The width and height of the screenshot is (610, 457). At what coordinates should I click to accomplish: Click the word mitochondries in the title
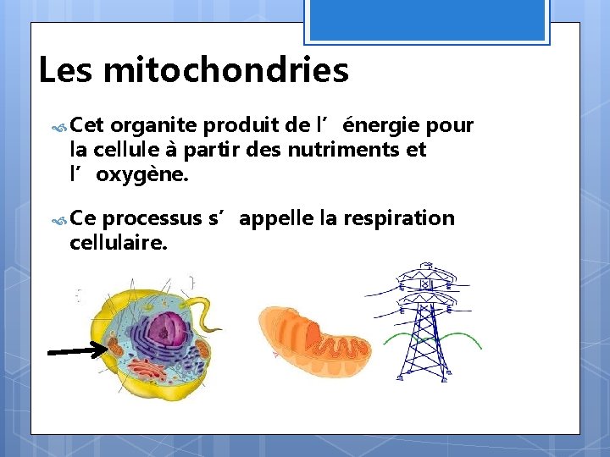click(225, 71)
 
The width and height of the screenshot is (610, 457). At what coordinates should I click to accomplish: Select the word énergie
click(380, 126)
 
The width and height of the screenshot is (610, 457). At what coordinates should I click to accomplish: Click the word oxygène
click(141, 175)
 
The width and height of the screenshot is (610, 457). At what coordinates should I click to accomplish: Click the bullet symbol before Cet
click(59, 127)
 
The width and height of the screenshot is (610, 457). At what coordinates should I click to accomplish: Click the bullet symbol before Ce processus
click(59, 220)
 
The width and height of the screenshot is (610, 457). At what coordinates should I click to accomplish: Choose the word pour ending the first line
click(449, 126)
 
